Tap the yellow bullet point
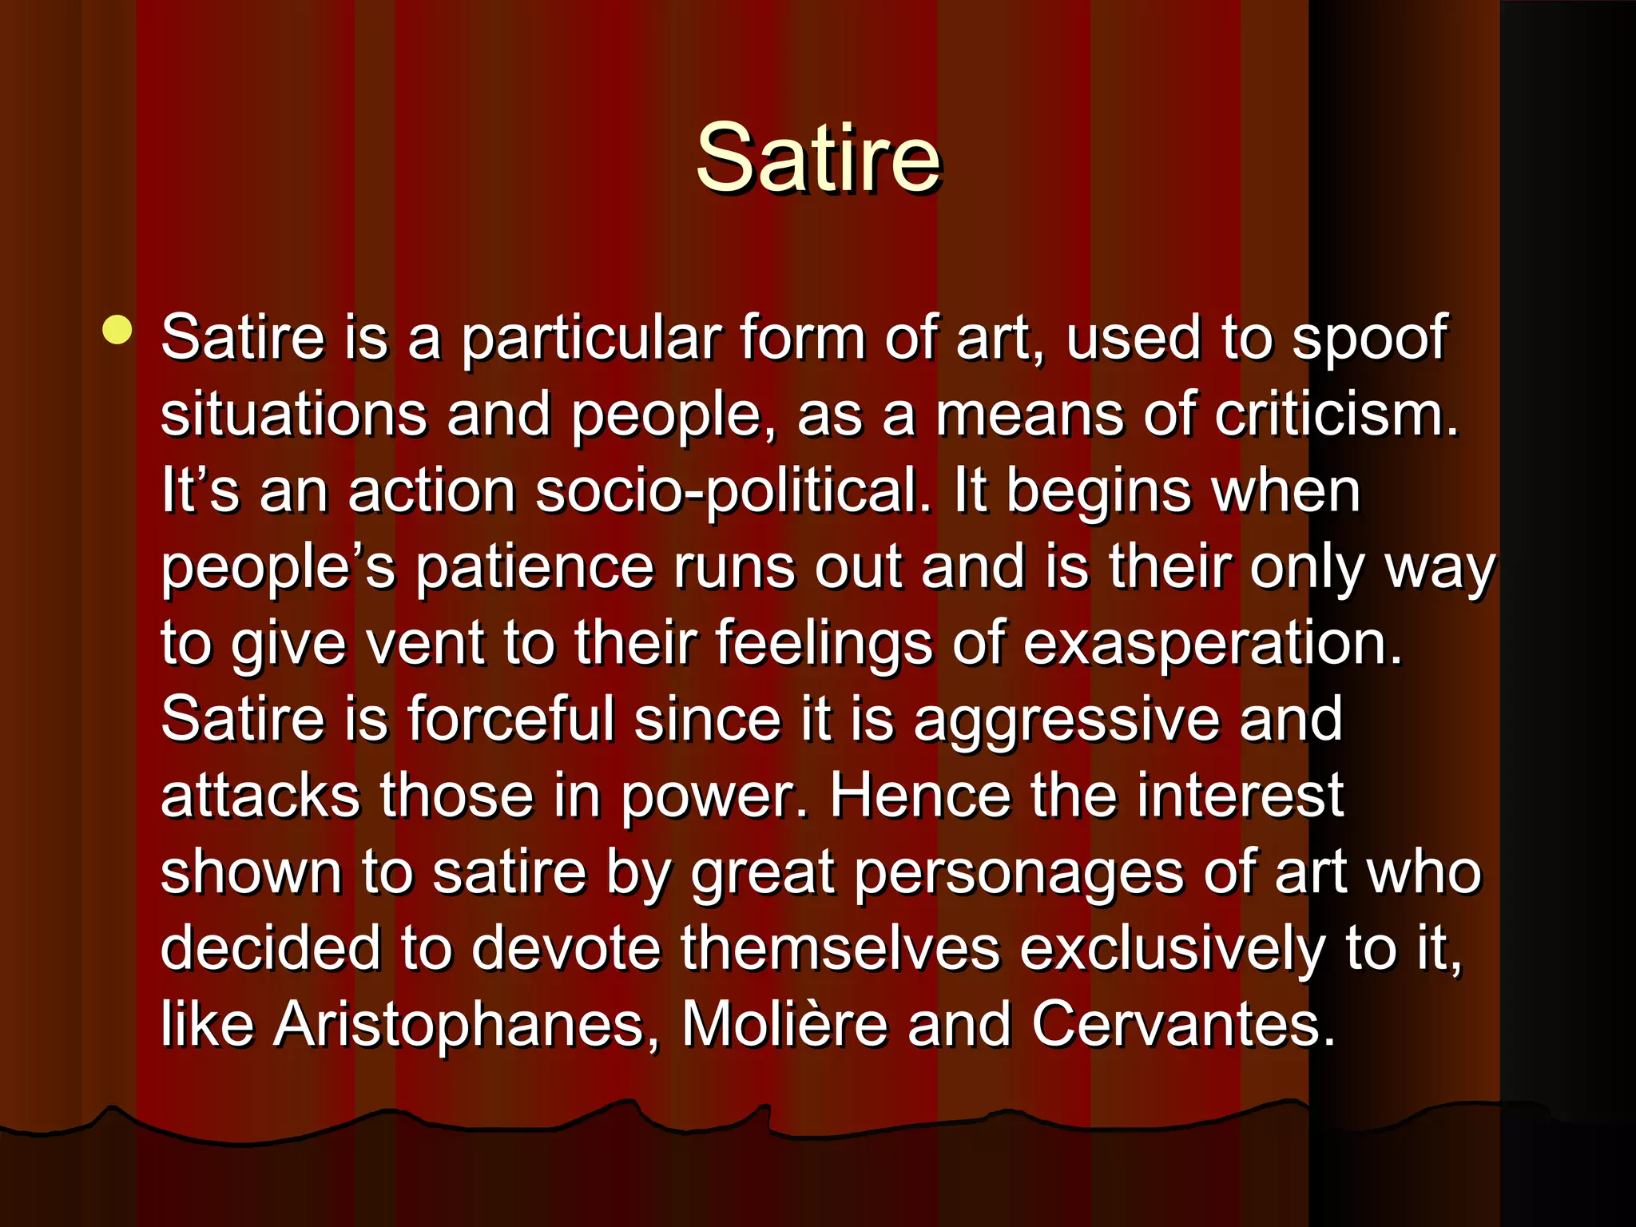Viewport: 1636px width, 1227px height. point(117,330)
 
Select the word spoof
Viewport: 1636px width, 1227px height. point(1369,339)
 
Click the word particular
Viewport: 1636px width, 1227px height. point(591,339)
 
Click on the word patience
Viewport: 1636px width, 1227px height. point(534,567)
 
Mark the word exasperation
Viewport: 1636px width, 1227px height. point(1212,644)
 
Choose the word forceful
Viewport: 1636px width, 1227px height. point(511,719)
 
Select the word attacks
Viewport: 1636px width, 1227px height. point(260,796)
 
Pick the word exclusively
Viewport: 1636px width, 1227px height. point(1173,949)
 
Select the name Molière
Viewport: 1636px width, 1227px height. point(784,1023)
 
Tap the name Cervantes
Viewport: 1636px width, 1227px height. point(1182,1023)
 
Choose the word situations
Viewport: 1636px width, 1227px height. point(294,414)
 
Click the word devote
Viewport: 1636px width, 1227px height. point(566,948)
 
